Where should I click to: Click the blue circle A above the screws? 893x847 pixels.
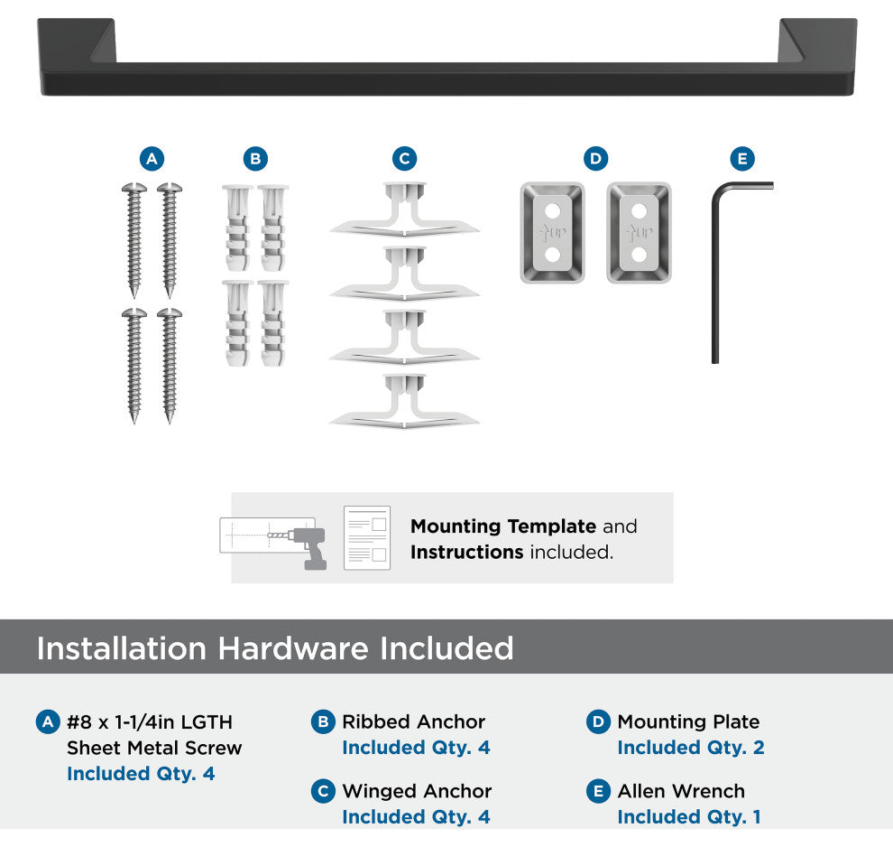pos(152,159)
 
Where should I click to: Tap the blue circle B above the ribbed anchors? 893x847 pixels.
pos(255,159)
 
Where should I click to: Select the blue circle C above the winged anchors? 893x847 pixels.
pos(404,159)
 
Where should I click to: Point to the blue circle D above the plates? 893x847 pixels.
pos(595,159)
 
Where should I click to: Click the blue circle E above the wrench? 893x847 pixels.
pos(742,159)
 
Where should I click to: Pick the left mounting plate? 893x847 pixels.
pos(552,233)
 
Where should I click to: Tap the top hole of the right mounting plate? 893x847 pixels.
pos(639,211)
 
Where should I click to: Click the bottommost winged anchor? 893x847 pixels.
pos(404,401)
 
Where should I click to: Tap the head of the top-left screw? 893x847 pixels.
pos(134,188)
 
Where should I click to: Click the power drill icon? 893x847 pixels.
pos(308,546)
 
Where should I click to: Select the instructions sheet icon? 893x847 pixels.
pos(367,537)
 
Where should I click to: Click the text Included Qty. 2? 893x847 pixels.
pos(691,748)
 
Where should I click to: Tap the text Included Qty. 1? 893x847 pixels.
pos(689,817)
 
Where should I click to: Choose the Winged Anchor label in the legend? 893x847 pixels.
pos(417,791)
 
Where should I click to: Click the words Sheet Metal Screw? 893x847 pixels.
pos(154,748)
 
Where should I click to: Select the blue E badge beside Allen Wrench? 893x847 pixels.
pos(599,791)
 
